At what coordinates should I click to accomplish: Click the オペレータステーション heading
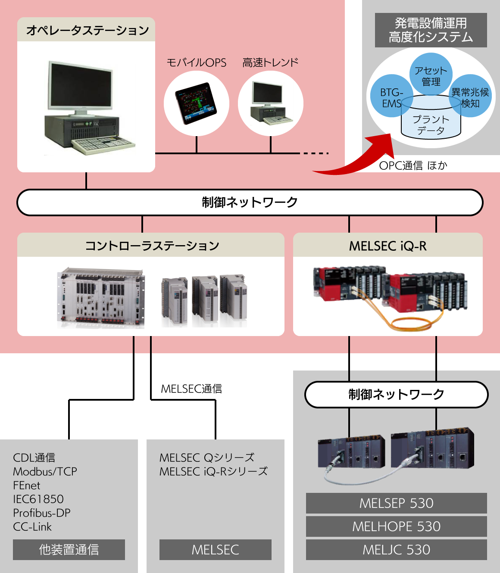[x=86, y=30]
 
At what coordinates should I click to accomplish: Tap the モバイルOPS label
[x=196, y=62]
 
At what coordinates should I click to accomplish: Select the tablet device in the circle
[x=196, y=103]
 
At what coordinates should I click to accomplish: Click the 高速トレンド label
[x=270, y=62]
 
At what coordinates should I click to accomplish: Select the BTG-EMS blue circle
[x=388, y=97]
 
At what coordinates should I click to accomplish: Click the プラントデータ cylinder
[x=431, y=123]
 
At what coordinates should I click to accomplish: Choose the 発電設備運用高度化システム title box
[x=431, y=30]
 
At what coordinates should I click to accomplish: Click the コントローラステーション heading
[x=151, y=246]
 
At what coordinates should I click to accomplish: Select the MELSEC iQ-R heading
[x=387, y=246]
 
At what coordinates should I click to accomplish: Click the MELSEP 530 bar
[x=396, y=503]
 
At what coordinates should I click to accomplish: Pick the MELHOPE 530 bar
[x=396, y=526]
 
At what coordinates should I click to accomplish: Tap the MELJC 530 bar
[x=396, y=550]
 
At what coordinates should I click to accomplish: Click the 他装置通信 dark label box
[x=69, y=550]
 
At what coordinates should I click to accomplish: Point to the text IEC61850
[x=38, y=499]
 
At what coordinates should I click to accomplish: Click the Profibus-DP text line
[x=42, y=513]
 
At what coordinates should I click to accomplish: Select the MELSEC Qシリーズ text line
[x=207, y=458]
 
